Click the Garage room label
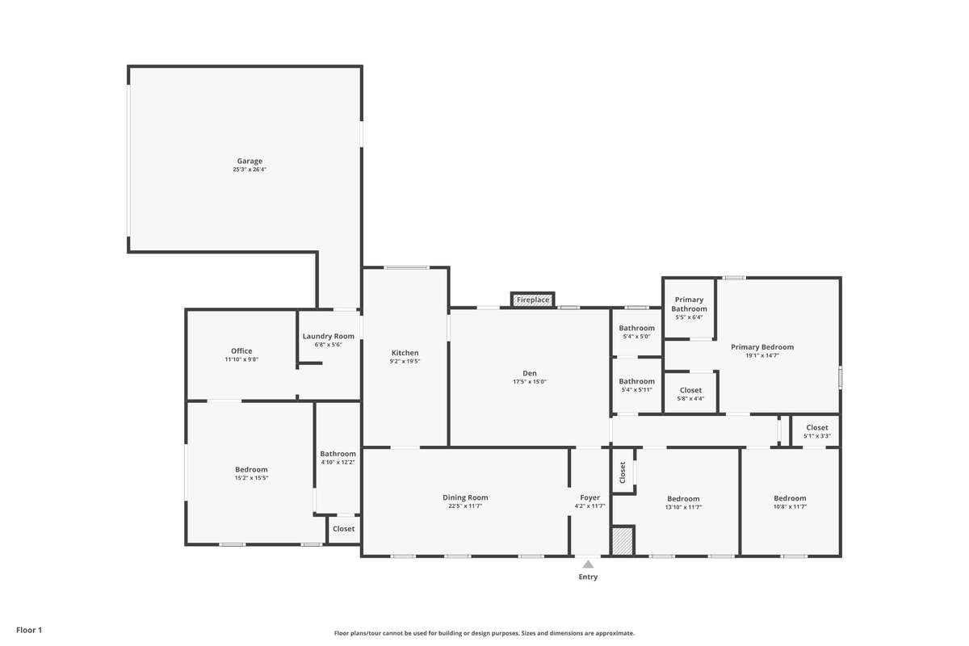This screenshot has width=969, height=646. (x=250, y=161)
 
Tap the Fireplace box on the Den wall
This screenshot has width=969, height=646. (x=532, y=300)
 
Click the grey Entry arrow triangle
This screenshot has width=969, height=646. (x=588, y=564)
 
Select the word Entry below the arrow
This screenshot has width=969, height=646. (x=588, y=577)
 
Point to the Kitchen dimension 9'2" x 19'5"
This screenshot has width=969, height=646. (x=405, y=361)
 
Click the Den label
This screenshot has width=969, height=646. (x=530, y=373)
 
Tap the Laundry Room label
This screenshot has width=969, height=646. (x=329, y=336)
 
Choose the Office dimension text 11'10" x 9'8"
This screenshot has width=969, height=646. (x=241, y=359)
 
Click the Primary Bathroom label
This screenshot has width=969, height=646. (x=689, y=304)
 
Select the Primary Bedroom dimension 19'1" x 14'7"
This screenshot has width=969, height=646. (x=762, y=355)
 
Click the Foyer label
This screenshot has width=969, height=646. (x=590, y=497)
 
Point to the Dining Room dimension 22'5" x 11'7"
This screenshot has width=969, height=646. (x=465, y=506)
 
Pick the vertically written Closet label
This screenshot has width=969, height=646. (x=623, y=472)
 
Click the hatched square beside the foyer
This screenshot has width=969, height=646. (x=623, y=540)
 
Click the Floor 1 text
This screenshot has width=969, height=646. (x=29, y=630)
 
